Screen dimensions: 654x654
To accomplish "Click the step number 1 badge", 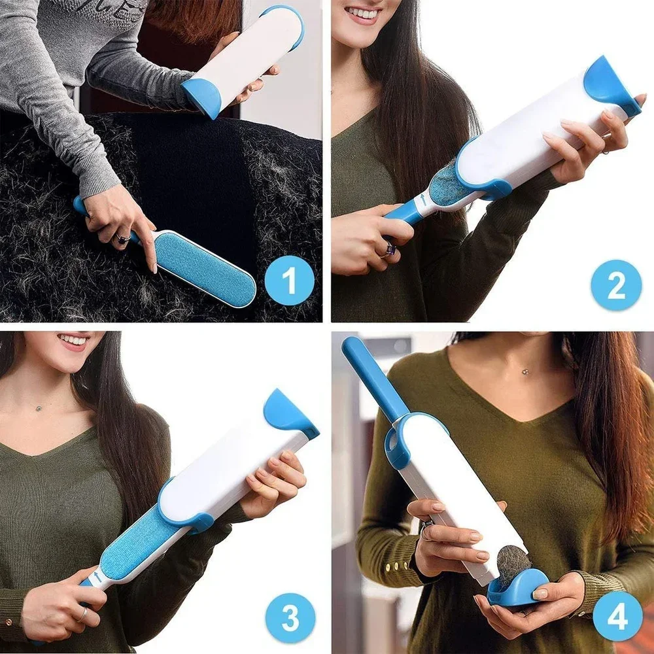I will tap(289, 283).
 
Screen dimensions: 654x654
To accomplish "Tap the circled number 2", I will tap(616, 285).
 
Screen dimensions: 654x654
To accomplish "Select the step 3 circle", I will tap(290, 617).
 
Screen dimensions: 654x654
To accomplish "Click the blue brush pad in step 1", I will tap(205, 267).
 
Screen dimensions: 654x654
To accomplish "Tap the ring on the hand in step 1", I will tap(122, 239).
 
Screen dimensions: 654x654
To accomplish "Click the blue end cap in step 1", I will tap(201, 97).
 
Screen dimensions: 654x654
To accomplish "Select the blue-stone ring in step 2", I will tap(390, 248).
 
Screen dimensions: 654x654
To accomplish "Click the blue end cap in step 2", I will tap(610, 85).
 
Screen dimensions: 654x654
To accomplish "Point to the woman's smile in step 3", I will tap(73, 340).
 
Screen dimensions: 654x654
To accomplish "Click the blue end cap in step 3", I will tap(288, 413).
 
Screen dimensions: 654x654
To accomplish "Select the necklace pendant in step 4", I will tap(526, 371).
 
